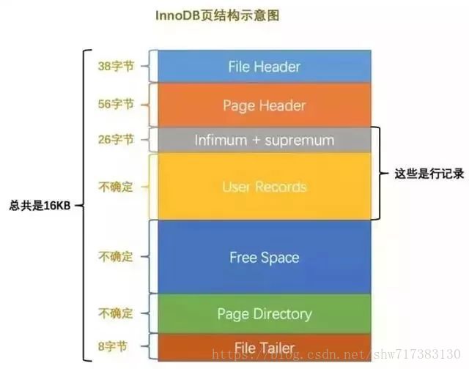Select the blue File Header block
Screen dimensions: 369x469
[264, 67]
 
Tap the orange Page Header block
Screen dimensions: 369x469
[264, 105]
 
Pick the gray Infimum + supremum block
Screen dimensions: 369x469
[264, 140]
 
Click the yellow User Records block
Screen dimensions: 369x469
[264, 187]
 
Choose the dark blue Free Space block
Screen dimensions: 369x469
[264, 257]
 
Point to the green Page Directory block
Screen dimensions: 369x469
[264, 314]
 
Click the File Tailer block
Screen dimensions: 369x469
[264, 347]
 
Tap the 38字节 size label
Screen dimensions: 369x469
[116, 66]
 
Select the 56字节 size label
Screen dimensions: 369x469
[116, 105]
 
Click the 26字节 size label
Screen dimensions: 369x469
[116, 140]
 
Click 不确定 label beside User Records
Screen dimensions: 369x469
[116, 187]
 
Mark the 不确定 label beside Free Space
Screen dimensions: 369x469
[116, 257]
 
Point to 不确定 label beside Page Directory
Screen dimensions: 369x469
[116, 314]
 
